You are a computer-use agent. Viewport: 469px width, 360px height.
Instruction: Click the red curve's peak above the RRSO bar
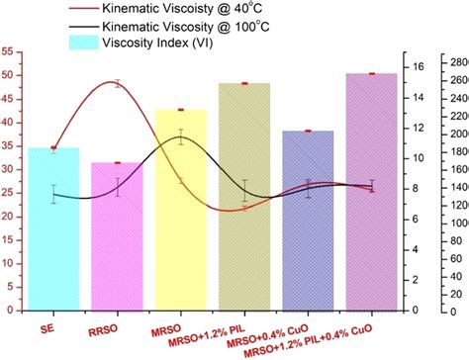[x=119, y=83]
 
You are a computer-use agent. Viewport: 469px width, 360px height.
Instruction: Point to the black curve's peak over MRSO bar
[x=181, y=138]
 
